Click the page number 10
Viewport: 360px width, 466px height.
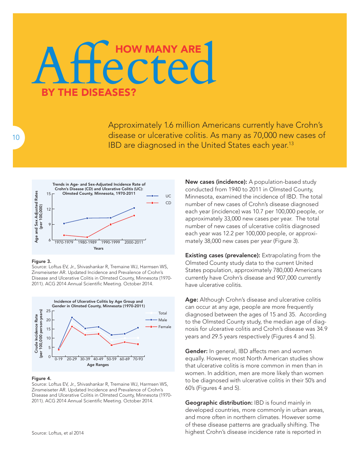pos(16,138)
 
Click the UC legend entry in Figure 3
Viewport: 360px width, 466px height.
pos(168,196)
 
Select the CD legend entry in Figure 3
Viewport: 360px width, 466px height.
pos(168,203)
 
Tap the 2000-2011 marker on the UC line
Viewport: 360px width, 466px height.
pos(134,208)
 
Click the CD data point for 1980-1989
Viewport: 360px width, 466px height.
pos(88,238)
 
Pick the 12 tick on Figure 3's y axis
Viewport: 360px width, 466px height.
pos(49,209)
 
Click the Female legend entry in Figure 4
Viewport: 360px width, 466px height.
pos(164,327)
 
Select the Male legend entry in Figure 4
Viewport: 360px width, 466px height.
pos(163,320)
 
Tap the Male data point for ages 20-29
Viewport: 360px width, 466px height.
pos(72,317)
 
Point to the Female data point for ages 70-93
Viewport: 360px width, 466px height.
pos(138,344)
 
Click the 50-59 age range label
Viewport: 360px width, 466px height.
pos(111,359)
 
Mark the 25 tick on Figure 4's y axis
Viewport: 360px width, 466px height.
pos(48,311)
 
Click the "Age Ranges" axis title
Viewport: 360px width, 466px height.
pos(98,365)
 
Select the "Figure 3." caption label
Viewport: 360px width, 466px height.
pos(41,261)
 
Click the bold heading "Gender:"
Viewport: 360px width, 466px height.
pos(196,351)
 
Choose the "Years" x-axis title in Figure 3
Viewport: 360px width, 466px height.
pos(99,249)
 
